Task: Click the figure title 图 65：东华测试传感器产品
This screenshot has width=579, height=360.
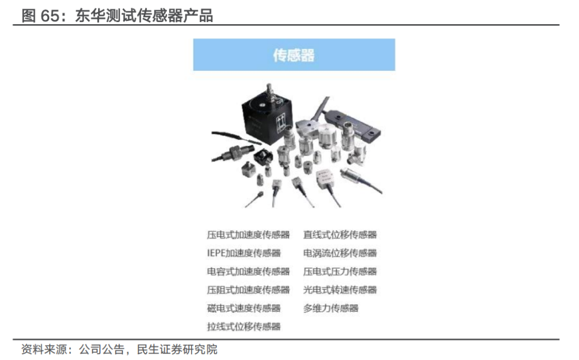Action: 117,16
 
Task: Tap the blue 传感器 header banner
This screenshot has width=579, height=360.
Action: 294,55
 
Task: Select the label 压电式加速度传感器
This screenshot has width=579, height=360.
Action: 248,234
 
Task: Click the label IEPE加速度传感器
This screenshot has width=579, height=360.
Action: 244,253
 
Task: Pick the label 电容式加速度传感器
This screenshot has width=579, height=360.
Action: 248,271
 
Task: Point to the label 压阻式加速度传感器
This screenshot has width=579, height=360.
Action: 248,290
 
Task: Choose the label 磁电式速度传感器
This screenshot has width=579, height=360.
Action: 244,308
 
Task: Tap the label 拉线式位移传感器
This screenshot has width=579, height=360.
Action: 244,327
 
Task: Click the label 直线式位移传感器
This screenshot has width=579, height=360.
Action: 340,234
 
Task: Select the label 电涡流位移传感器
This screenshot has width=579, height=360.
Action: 340,253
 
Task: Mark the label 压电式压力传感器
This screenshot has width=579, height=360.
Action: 340,271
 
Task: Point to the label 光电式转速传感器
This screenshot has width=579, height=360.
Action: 340,290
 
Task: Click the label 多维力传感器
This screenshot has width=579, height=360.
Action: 330,308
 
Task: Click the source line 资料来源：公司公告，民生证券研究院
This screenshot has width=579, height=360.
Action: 119,349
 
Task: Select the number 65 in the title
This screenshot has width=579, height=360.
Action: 49,16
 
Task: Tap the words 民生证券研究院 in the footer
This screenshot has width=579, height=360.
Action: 177,349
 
